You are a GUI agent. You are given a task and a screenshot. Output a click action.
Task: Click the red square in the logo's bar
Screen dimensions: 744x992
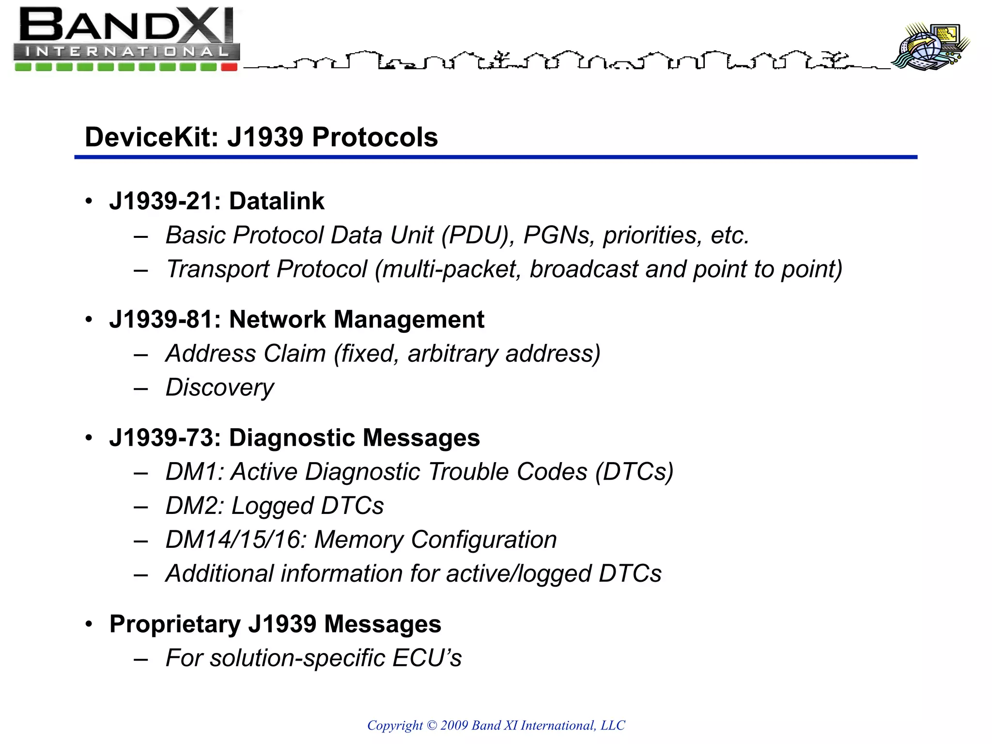[229, 67]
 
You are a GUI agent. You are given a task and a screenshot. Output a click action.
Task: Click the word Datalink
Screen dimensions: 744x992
[277, 201]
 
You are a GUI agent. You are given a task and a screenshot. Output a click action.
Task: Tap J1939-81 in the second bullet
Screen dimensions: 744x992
[165, 320]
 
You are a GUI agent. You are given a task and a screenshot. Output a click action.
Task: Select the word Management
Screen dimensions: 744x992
[409, 320]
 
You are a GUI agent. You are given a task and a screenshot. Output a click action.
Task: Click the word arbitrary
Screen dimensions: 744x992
[453, 354]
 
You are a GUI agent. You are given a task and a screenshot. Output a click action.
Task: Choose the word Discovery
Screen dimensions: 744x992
[219, 387]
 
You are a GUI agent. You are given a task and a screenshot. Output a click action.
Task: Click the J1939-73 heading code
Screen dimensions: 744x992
[165, 438]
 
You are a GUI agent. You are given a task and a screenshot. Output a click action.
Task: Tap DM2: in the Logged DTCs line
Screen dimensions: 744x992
[195, 506]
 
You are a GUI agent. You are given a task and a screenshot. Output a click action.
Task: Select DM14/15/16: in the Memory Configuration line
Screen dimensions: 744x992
[236, 540]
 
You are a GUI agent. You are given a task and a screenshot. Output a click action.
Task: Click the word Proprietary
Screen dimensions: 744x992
[175, 624]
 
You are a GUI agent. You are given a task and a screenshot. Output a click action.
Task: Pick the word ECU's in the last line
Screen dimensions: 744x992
[427, 658]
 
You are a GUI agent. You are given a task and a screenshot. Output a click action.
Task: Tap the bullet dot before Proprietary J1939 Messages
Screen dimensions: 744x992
[89, 624]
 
